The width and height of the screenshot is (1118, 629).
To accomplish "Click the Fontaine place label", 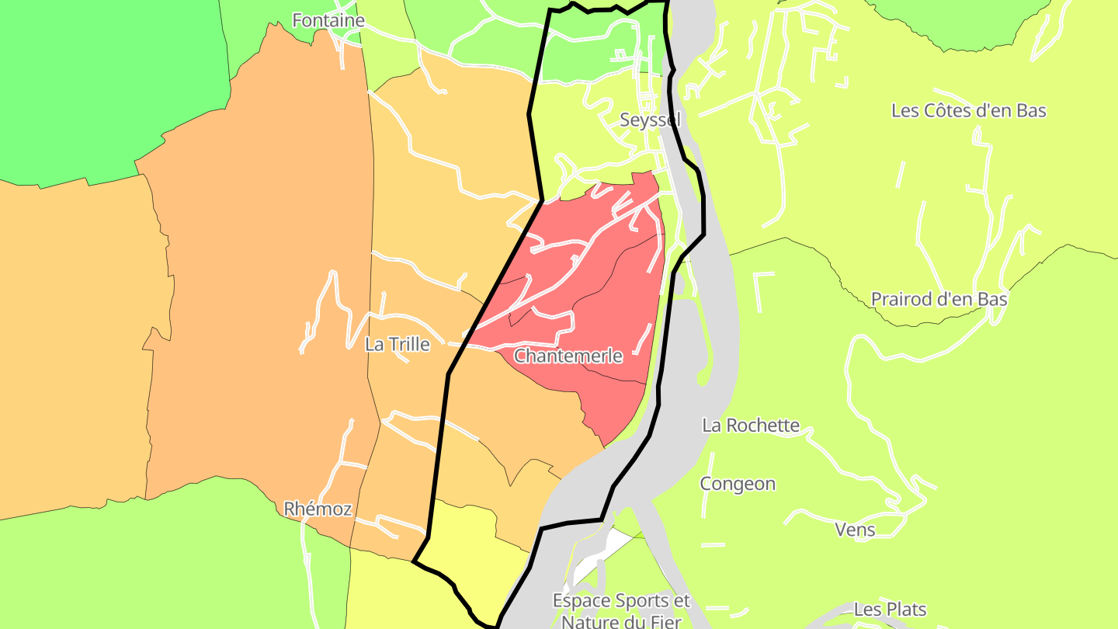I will (x=328, y=20).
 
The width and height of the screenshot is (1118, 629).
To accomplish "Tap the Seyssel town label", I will (x=650, y=120).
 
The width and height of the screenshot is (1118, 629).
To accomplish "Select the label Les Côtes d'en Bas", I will (x=968, y=110).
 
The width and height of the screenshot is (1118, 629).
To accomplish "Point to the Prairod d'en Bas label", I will (x=939, y=299).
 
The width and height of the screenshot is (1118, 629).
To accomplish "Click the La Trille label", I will (x=397, y=344).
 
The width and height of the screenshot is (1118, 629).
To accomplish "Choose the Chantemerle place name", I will (x=568, y=356).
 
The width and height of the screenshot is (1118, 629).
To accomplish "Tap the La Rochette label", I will (x=750, y=425).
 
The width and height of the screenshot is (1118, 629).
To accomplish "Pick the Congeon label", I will (x=738, y=484).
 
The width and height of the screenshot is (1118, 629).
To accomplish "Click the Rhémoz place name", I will (x=318, y=509).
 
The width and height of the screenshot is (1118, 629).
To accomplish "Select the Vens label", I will (x=855, y=530).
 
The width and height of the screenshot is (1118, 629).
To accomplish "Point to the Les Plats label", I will (x=890, y=610).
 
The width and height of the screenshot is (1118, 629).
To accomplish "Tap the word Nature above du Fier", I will (x=588, y=621).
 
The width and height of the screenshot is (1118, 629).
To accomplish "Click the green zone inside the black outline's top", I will (x=590, y=47).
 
